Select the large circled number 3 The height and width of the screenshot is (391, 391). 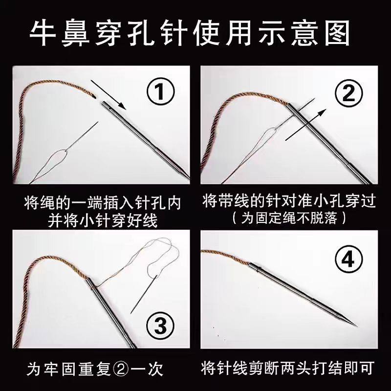click(160, 325)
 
